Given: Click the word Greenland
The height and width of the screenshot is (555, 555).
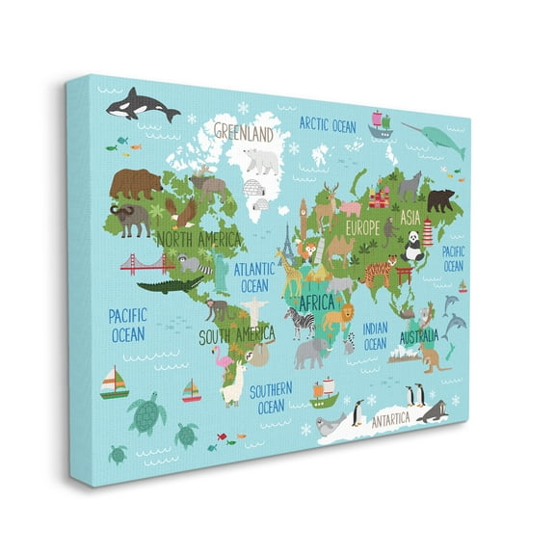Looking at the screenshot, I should coord(243,131).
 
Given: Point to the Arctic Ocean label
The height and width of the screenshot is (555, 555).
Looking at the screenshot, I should coord(327,124).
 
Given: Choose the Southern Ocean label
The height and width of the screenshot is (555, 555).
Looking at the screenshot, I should coord(272,398).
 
